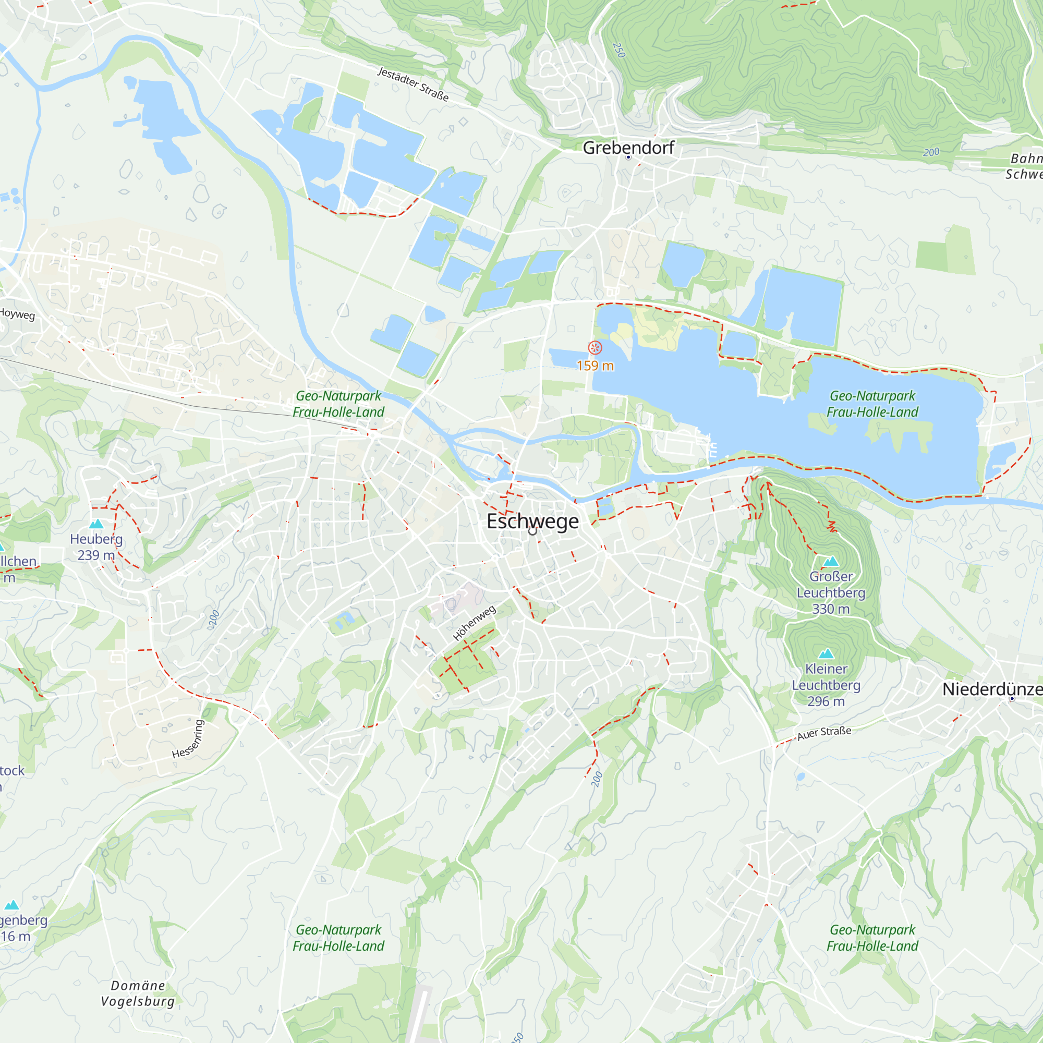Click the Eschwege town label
532,521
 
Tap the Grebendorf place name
628,148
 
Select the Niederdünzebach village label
992,689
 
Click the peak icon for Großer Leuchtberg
830,562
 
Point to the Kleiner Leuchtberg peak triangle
826,654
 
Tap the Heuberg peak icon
96,524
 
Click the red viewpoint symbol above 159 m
595,348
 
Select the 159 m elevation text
595,366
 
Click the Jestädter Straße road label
413,83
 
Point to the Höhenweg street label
474,623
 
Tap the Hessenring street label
188,739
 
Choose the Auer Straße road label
824,733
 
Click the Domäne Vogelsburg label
138,993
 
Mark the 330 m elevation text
830,609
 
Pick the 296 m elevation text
826,701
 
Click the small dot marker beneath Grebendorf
628,157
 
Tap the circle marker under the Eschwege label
533,531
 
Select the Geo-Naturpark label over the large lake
872,404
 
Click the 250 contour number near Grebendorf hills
618,50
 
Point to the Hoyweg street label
17,313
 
